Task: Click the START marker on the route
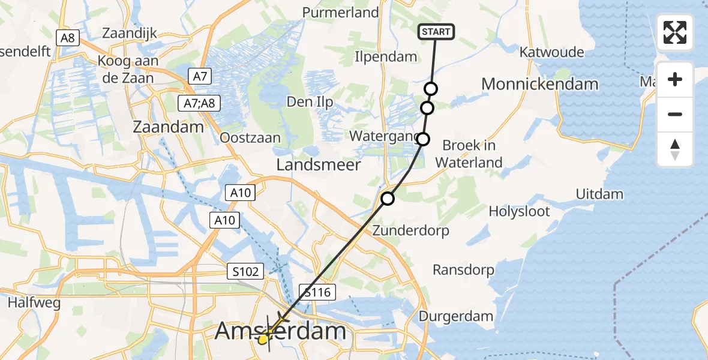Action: tap(436, 32)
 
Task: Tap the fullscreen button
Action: tap(675, 32)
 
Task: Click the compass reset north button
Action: tap(675, 149)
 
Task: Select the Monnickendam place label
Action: tap(539, 83)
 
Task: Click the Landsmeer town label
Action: tap(319, 164)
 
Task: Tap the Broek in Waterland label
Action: tap(469, 154)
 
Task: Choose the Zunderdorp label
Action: tap(411, 230)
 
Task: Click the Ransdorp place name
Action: tap(463, 270)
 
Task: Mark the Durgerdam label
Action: tap(457, 316)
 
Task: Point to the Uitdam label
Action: tap(599, 194)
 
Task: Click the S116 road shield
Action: tap(317, 292)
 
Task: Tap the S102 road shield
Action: tap(246, 272)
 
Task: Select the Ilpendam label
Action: tap(386, 57)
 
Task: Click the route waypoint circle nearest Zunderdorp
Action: tap(388, 198)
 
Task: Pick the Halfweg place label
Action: tap(34, 303)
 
